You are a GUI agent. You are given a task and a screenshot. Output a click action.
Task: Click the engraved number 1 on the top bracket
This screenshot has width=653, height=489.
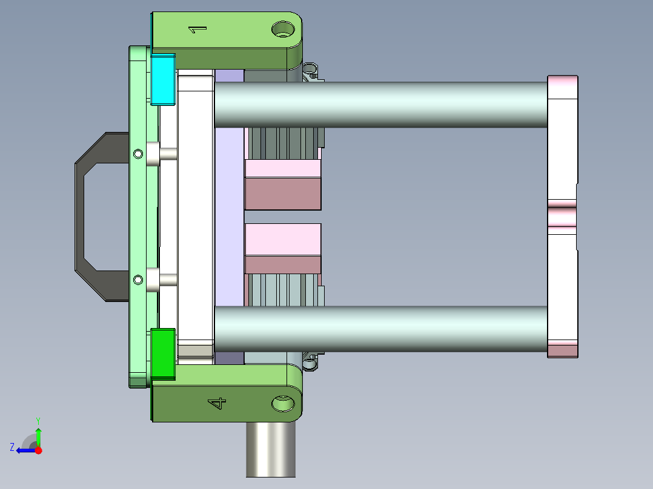coord(197,29)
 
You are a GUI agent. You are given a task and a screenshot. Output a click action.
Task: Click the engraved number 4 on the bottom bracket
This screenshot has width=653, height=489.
coord(217,402)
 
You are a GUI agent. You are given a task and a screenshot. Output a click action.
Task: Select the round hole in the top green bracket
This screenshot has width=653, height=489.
coord(282,28)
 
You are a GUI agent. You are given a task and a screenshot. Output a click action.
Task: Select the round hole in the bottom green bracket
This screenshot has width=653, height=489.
coord(282,403)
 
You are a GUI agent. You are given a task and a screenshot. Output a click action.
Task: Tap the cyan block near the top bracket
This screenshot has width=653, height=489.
coord(162,79)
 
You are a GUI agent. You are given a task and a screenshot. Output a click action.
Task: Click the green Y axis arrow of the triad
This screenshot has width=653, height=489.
coord(38,434)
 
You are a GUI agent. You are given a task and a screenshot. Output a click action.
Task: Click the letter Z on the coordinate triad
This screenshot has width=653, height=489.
coord(12,447)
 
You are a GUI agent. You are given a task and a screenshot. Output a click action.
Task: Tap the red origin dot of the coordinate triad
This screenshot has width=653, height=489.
coord(38,450)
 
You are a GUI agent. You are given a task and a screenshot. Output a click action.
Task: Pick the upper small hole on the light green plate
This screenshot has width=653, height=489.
coord(138,154)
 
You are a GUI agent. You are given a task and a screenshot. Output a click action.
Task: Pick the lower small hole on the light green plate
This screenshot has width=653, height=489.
coord(138,280)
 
